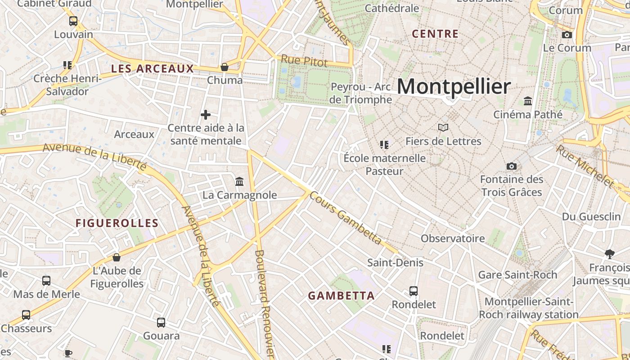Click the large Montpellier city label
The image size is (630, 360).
[x=454, y=86]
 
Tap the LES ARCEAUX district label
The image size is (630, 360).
[x=152, y=69]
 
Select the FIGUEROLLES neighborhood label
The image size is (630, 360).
[x=117, y=223]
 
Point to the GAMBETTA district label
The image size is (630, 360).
[x=341, y=296]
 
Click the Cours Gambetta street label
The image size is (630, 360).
[x=346, y=219]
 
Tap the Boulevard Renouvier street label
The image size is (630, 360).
[x=265, y=303]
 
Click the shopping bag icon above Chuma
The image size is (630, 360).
[x=225, y=67]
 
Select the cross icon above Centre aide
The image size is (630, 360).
[x=206, y=115]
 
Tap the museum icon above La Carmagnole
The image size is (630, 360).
[x=239, y=182]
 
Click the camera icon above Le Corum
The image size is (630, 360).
[x=567, y=35]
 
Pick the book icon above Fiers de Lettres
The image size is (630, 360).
[x=443, y=128]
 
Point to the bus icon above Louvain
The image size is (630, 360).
[x=73, y=21]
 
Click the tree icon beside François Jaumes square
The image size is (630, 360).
[x=609, y=254]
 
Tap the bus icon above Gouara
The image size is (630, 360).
[x=161, y=322]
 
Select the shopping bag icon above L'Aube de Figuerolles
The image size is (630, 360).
[x=117, y=257]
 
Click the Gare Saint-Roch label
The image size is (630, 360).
[x=517, y=274]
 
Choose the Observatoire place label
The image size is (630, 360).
[x=453, y=238]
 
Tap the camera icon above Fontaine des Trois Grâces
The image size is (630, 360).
[x=511, y=166]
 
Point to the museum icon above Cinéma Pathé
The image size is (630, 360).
[x=528, y=101]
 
